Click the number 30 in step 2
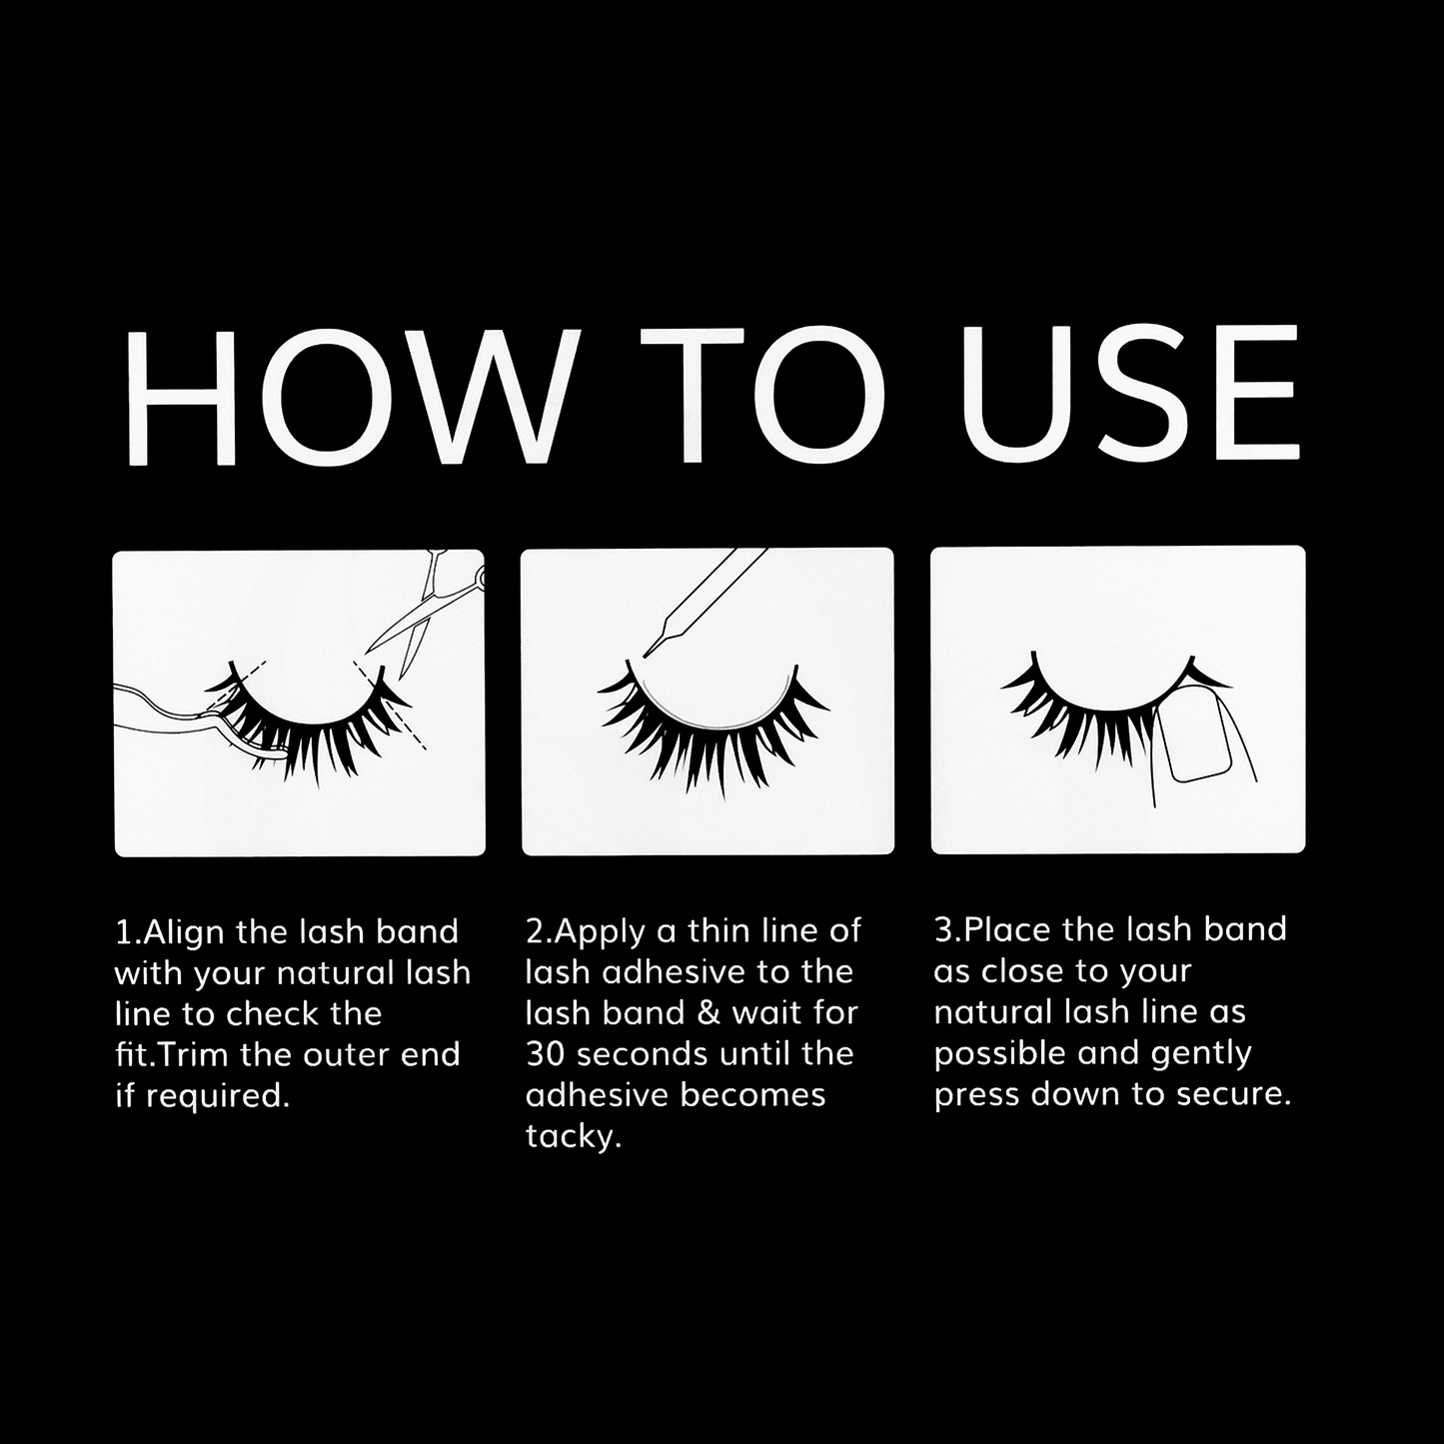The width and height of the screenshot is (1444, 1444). click(x=545, y=1054)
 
